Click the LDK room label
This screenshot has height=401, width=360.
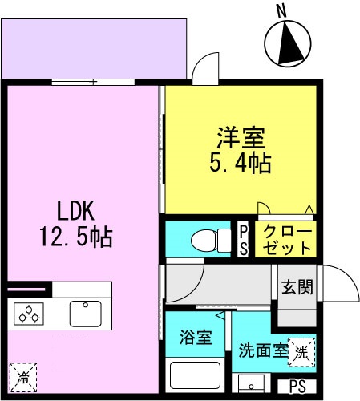coord(75,211)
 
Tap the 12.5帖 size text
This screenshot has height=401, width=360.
coord(76,237)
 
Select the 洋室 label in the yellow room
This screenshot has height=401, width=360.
coord(241,138)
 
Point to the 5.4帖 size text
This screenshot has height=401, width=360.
coord(241,163)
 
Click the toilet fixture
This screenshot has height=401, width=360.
coord(211,240)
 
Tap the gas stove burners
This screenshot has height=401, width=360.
coord(29,314)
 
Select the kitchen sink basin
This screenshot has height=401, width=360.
coord(86,314)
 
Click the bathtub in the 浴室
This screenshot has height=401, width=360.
coord(195,375)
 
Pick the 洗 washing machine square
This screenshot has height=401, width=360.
coord(301,352)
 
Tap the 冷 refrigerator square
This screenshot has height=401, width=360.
coord(23,377)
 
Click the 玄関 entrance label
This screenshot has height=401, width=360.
coord(297,287)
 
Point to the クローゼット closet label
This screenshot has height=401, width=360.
coord(287,239)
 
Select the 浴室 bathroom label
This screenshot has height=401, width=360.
coord(196,337)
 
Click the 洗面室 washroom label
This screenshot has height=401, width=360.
coord(263,350)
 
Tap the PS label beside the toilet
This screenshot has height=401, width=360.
coord(243,240)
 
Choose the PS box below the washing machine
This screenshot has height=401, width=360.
coord(297,387)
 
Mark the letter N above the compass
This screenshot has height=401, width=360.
coord(281,12)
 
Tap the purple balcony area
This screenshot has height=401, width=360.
coord(94,48)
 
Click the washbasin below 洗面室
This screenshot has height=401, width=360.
coord(251,383)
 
